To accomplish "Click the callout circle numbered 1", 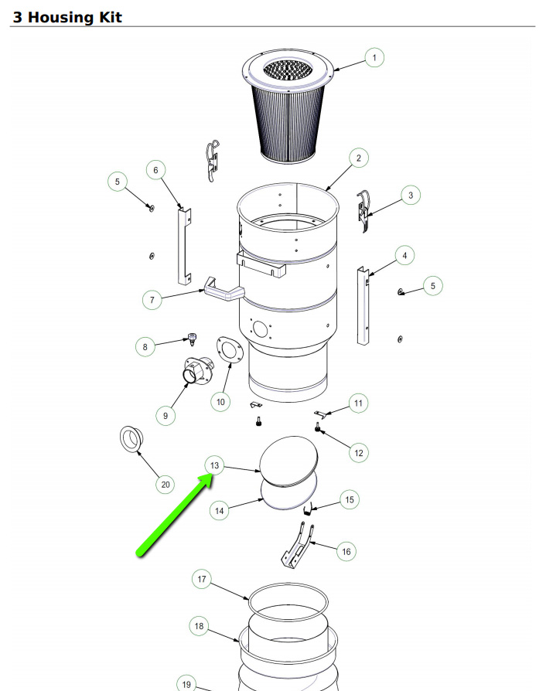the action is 374,58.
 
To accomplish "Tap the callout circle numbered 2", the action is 359,158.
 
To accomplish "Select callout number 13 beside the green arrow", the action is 214,465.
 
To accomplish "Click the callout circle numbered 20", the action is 166,485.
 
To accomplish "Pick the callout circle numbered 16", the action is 346,551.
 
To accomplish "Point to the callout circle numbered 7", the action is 152,300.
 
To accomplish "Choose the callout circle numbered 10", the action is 220,401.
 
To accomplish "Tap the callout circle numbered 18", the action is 199,626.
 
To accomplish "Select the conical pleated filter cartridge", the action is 288,106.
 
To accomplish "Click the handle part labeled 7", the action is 224,290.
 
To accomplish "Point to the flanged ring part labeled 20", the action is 131,439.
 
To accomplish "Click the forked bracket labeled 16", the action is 298,545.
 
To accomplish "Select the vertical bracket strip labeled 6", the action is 185,246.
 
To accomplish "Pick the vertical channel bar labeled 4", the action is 363,305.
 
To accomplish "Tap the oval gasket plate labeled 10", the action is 230,350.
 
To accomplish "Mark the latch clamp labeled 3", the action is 363,212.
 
